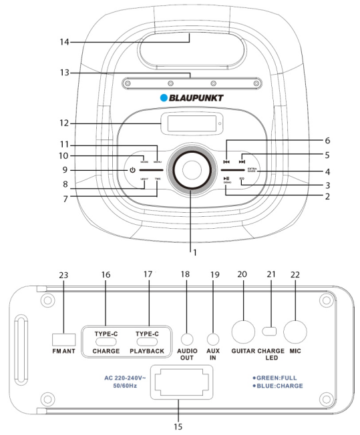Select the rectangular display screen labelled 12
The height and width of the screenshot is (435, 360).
pyautogui.click(x=184, y=124)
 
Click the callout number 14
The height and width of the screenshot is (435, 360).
pyautogui.click(x=64, y=41)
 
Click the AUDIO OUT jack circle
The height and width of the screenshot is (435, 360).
pyautogui.click(x=186, y=338)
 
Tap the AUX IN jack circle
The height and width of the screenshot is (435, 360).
pyautogui.click(x=214, y=338)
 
